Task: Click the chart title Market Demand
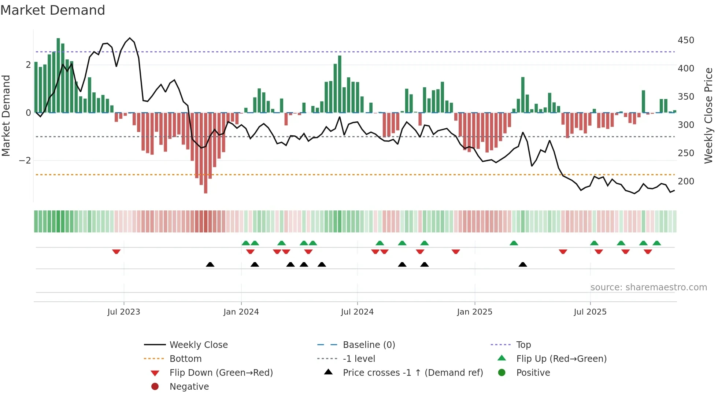tap(53, 10)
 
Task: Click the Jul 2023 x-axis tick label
tap(123, 312)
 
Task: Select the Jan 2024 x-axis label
tap(241, 312)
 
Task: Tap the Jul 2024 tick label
tap(357, 312)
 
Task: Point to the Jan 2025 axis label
tap(474, 312)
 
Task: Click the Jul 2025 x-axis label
tap(590, 312)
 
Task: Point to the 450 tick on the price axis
tap(686, 40)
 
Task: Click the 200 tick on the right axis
tap(686, 181)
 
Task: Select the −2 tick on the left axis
tap(25, 161)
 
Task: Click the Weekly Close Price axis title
tap(708, 115)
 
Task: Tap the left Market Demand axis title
tap(6, 115)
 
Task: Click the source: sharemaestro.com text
tap(648, 287)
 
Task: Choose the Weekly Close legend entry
tap(198, 345)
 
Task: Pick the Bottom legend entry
tap(185, 359)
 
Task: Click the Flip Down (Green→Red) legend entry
tap(221, 373)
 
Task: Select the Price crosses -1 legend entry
tap(412, 373)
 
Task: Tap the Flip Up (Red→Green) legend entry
tap(561, 359)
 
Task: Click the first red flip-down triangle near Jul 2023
tap(116, 251)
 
